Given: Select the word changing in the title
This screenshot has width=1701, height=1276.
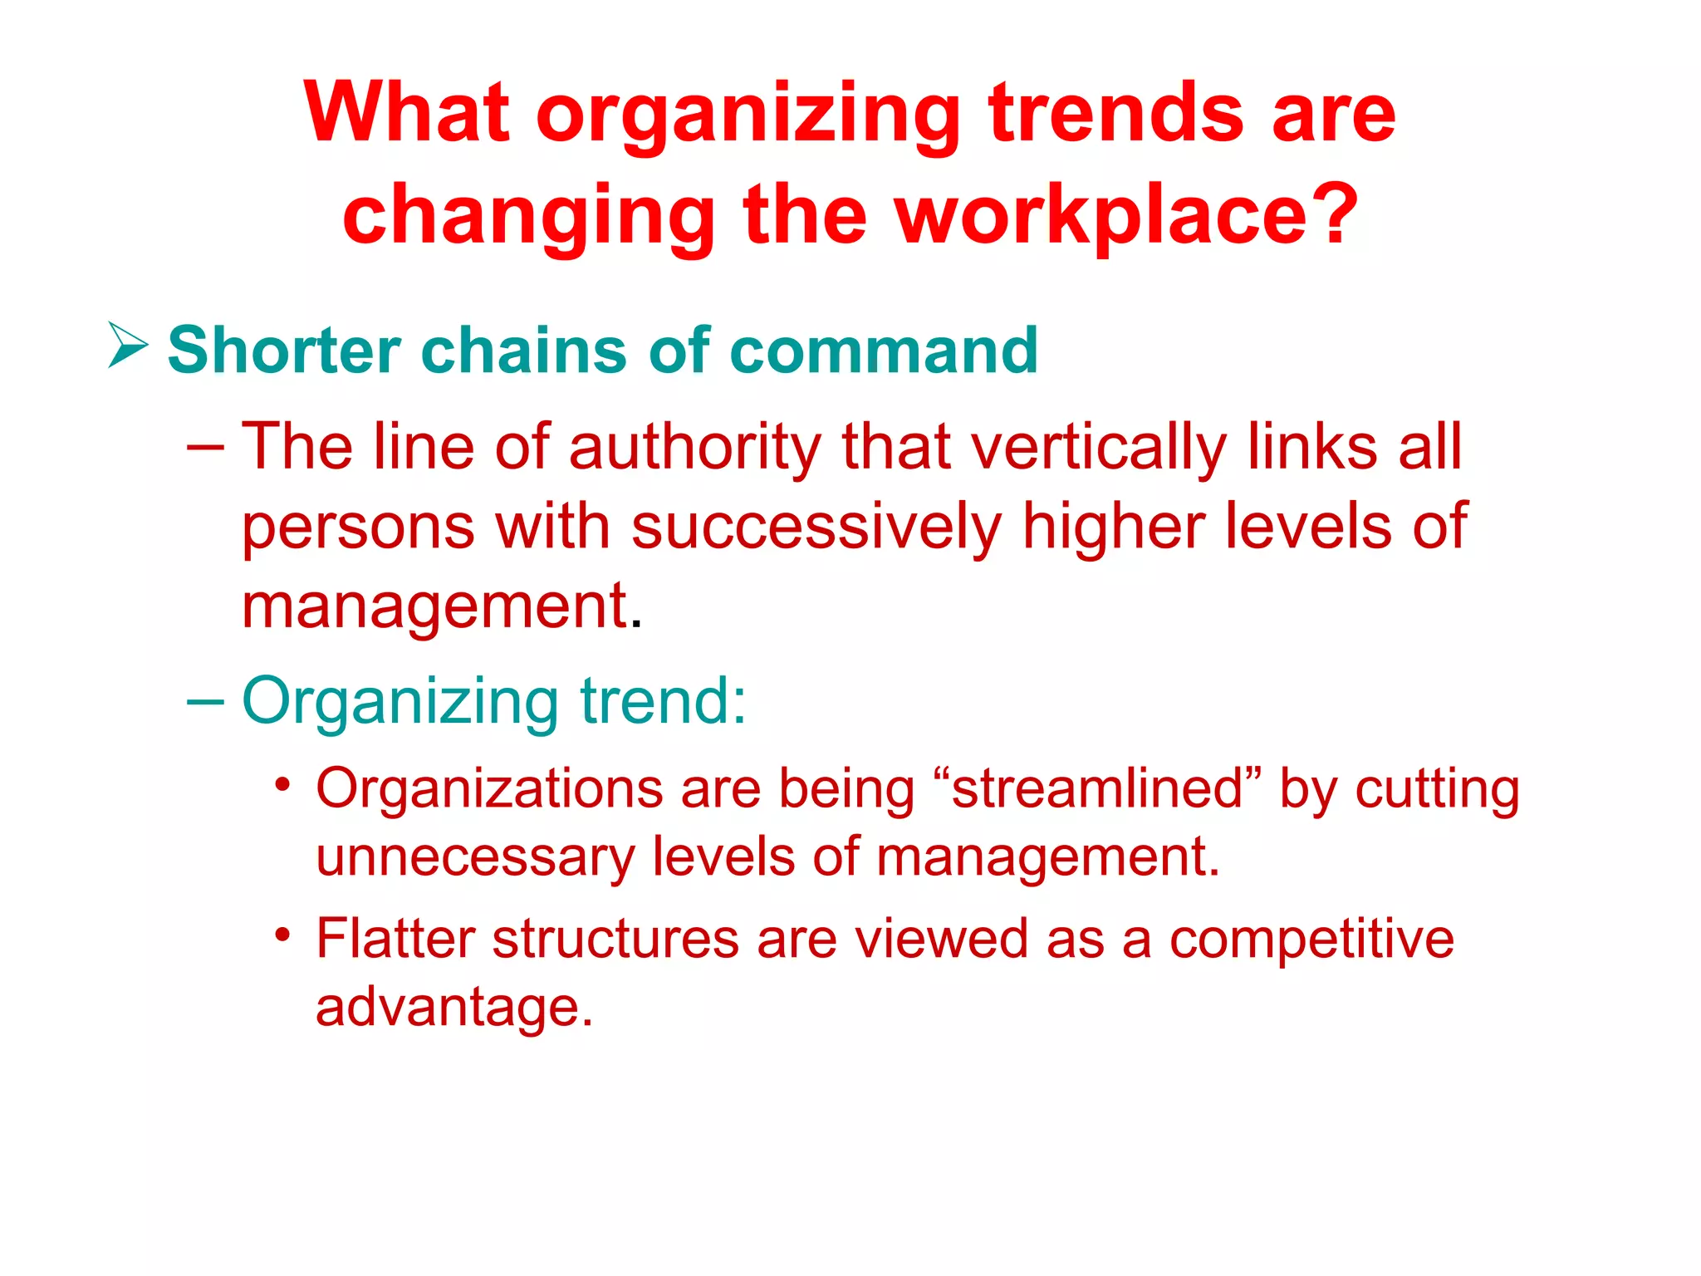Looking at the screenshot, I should (528, 218).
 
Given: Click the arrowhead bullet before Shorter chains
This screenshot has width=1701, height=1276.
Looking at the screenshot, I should (128, 346).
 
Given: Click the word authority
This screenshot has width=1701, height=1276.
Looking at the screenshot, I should (694, 448).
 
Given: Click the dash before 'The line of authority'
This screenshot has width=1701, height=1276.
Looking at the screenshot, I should (205, 448).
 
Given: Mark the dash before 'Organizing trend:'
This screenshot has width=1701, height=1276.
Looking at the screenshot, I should (205, 701).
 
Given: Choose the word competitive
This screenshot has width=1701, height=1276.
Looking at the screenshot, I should (1311, 940).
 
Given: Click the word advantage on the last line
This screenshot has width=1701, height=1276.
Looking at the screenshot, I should (453, 1009).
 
